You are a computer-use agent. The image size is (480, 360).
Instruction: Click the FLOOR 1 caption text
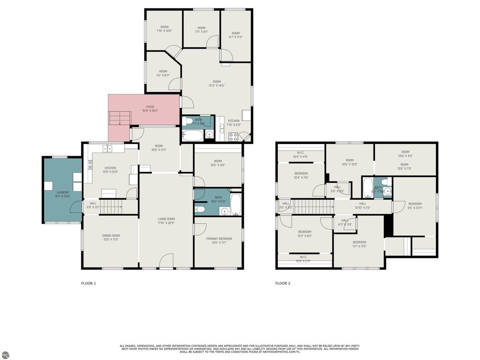[x=89, y=283]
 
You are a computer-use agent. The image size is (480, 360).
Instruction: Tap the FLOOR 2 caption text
[x=283, y=283]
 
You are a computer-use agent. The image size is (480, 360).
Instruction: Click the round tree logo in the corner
[x=5, y=355]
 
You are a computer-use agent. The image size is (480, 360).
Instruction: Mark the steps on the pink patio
[x=119, y=118]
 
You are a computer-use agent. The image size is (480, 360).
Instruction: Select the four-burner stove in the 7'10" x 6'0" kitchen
[x=233, y=137]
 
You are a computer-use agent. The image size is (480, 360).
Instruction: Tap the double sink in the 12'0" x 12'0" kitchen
[x=107, y=149]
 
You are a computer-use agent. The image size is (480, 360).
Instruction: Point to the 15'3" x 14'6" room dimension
[x=217, y=85]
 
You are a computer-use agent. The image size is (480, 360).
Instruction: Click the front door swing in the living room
[x=167, y=261]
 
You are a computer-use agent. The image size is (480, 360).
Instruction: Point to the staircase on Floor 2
[x=313, y=205]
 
